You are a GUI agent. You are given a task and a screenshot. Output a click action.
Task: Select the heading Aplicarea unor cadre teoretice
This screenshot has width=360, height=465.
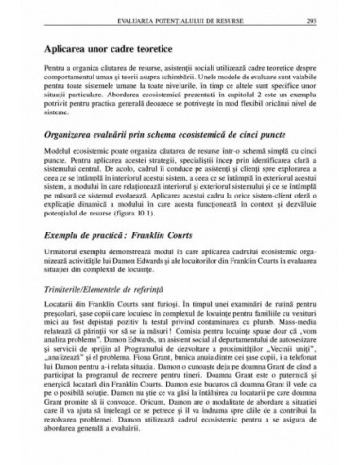click(106, 46)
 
